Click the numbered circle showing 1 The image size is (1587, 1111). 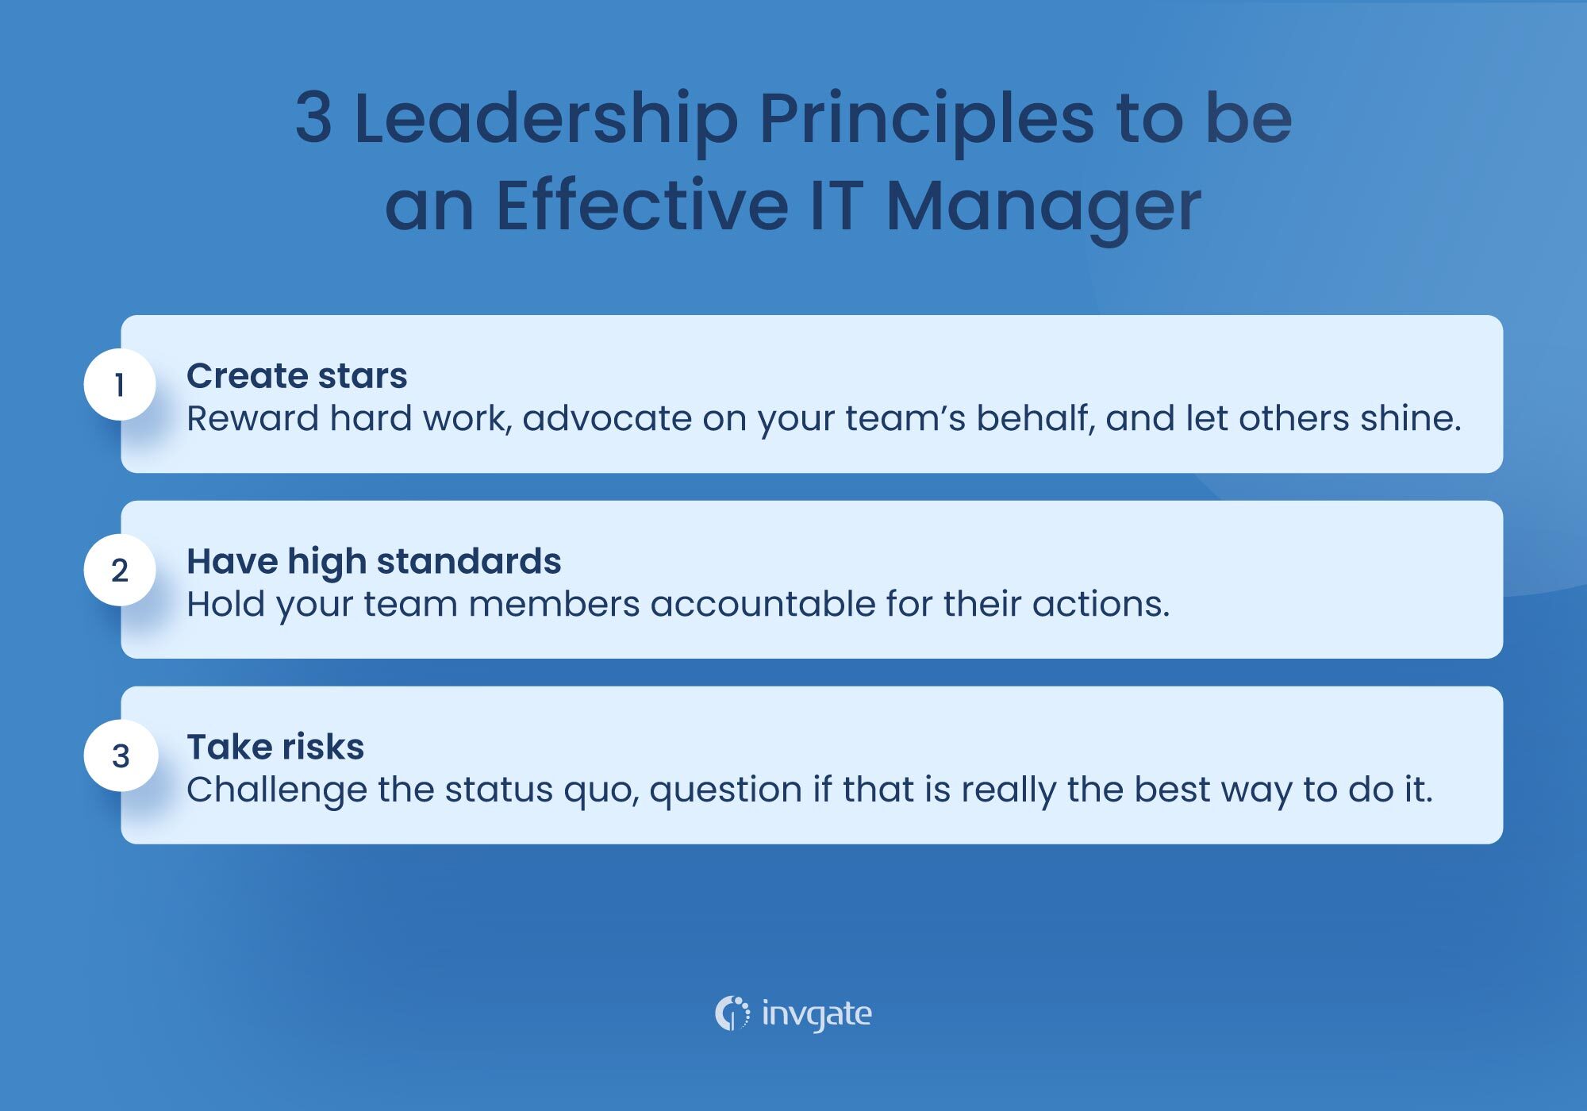coord(120,385)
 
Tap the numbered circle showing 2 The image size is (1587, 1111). coord(120,570)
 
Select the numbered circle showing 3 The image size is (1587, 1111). coord(121,755)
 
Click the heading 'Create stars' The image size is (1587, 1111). coord(297,375)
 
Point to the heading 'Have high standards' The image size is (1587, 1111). coord(374,561)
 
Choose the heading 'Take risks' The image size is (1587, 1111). coord(275,747)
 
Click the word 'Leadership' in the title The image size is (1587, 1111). coord(546,119)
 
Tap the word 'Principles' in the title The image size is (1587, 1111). coord(926,119)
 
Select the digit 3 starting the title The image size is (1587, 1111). coord(313,119)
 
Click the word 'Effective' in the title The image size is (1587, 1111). coord(642,206)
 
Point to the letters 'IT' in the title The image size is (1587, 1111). coord(836,206)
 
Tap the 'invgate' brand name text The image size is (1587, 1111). coord(817,1014)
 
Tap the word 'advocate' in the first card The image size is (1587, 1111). coord(607,418)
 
